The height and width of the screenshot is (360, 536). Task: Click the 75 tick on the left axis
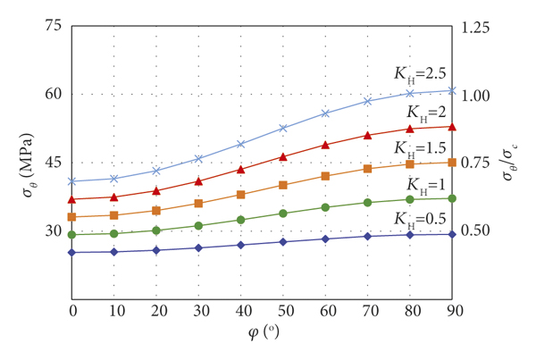coord(52,26)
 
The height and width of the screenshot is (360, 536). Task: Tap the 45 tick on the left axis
coord(52,163)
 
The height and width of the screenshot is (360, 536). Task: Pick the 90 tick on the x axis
coord(452,308)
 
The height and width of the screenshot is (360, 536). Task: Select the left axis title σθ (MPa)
coord(21,163)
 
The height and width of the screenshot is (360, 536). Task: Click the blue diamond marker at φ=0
coord(72,252)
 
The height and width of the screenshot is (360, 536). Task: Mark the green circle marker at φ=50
coord(283,213)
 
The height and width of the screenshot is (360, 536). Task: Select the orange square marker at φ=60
coord(325,176)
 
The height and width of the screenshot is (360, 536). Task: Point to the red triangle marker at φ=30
coord(199,180)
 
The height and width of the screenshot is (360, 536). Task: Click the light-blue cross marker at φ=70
coord(367,101)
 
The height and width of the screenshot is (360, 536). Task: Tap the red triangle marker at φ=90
coord(452,127)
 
